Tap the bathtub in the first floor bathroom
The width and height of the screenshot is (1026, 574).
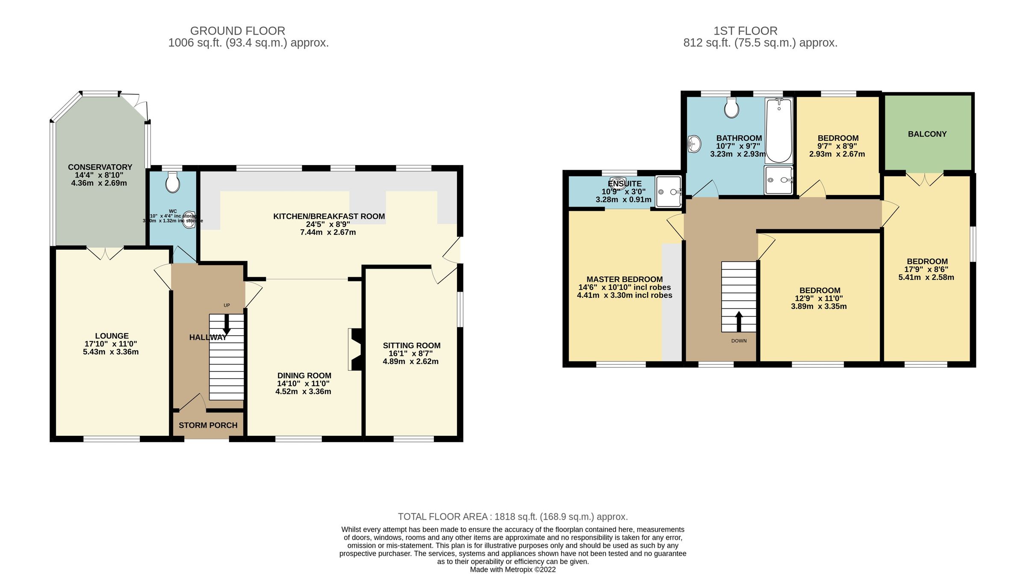click(x=779, y=130)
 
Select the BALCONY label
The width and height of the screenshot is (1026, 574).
click(x=927, y=134)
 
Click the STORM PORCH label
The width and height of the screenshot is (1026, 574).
click(x=208, y=425)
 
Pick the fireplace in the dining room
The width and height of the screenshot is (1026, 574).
click(x=355, y=349)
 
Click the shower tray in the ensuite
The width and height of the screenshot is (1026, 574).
click(x=668, y=191)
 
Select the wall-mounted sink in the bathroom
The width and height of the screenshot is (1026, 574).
click(x=694, y=143)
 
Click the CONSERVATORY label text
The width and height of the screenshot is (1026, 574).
click(x=100, y=167)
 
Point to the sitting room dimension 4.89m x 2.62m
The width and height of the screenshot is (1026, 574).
click(x=410, y=361)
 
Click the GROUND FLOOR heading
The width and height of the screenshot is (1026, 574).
click(x=237, y=31)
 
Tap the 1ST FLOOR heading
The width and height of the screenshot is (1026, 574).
click(x=745, y=31)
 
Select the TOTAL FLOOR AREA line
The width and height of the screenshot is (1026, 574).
click(x=513, y=517)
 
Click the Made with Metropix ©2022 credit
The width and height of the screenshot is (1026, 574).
click(x=513, y=569)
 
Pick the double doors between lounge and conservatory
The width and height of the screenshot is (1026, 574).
click(x=105, y=253)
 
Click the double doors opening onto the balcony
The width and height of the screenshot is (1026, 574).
click(x=924, y=179)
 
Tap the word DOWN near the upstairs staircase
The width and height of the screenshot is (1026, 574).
click(x=739, y=341)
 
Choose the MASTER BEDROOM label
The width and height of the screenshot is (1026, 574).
click(x=624, y=279)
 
